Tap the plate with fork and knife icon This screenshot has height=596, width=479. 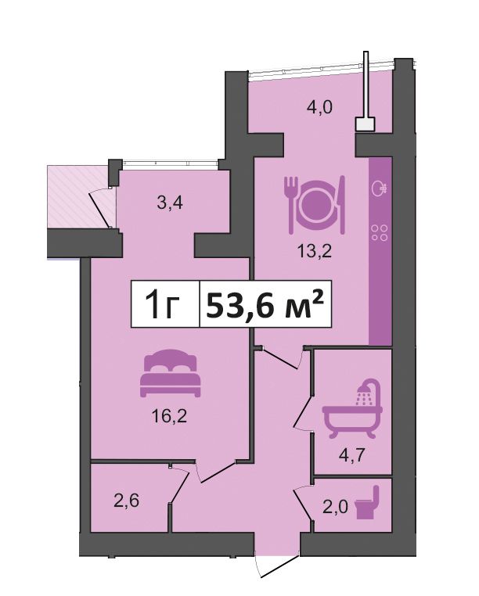(x=315, y=204)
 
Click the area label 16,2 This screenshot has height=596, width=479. (x=169, y=416)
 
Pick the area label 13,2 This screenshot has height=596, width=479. (x=315, y=251)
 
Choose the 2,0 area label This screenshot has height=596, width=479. (x=335, y=507)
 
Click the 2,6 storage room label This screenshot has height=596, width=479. (x=126, y=501)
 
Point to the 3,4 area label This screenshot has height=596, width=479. (x=170, y=203)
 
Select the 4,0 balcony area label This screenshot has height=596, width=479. (x=319, y=107)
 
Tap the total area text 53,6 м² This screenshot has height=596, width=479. (x=265, y=303)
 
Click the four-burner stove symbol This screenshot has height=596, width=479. (x=380, y=232)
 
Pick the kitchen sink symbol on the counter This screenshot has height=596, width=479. (x=380, y=187)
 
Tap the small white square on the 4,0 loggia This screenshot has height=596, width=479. (x=365, y=124)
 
